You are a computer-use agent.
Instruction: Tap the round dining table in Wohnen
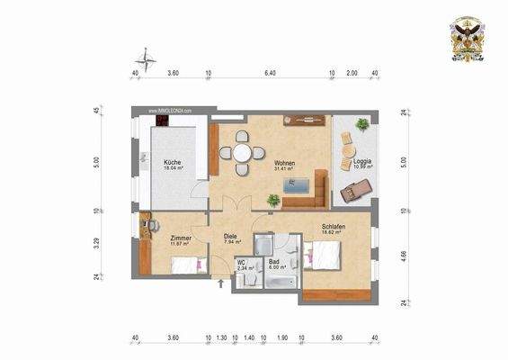click(x=242, y=153)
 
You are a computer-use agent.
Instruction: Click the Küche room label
click(x=172, y=161)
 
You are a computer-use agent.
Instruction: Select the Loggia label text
click(x=362, y=161)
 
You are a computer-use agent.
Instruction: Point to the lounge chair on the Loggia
click(x=355, y=188)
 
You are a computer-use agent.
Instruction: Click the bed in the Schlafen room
click(x=321, y=255)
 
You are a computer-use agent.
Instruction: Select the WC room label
click(x=242, y=262)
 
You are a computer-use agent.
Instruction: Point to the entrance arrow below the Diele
click(x=223, y=285)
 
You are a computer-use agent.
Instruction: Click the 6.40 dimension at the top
click(x=271, y=72)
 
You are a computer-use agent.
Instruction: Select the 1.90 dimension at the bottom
click(x=281, y=338)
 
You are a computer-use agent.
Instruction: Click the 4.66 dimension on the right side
click(x=404, y=255)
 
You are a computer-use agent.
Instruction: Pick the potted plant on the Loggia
click(x=361, y=124)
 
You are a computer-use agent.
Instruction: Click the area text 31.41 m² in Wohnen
click(x=286, y=168)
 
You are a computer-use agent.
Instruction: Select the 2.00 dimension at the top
click(x=352, y=72)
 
